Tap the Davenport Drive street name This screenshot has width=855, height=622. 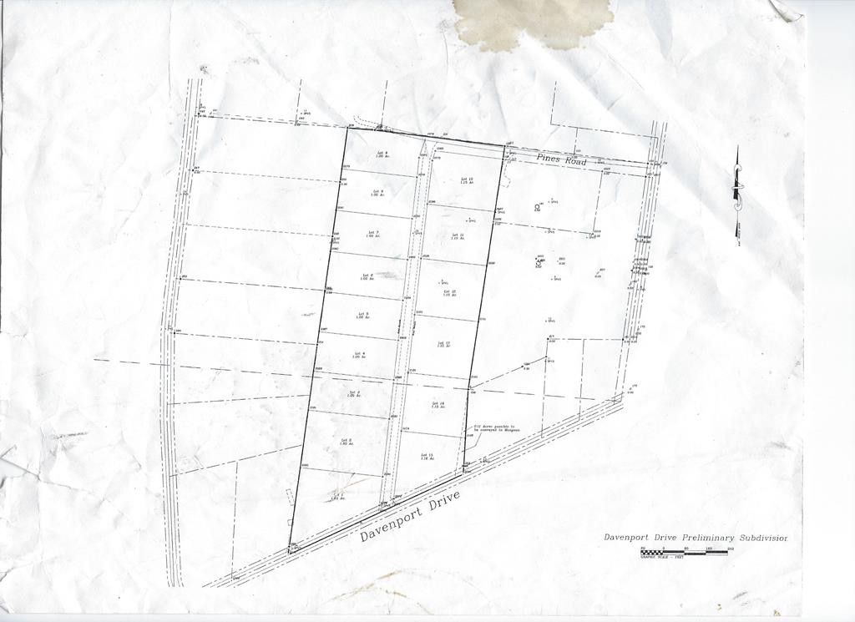[x=410, y=518]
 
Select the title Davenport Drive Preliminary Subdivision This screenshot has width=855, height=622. [x=696, y=538]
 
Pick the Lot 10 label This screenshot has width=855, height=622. [x=465, y=181]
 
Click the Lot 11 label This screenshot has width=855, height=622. [x=458, y=237]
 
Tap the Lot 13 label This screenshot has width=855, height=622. [x=443, y=345]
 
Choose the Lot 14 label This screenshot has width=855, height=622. [x=438, y=405]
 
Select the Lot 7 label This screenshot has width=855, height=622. [x=372, y=234]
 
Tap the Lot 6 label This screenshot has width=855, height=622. [x=366, y=276]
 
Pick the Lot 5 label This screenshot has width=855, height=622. [x=362, y=315]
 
